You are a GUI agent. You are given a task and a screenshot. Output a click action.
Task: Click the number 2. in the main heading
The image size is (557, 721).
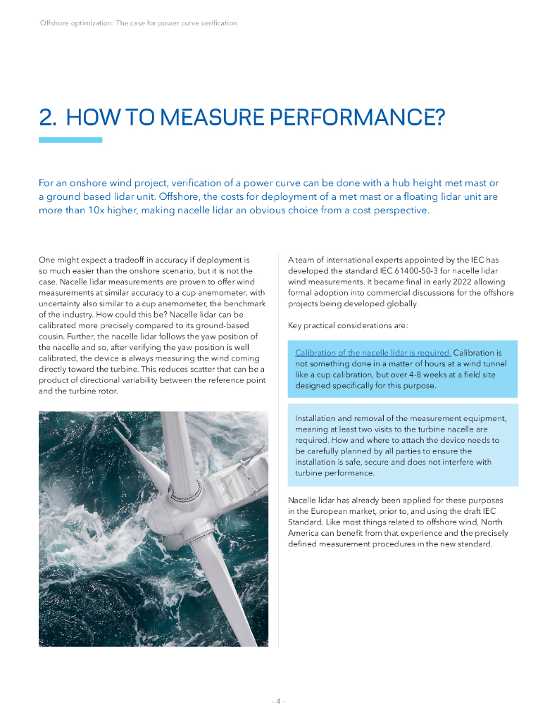[x=48, y=117]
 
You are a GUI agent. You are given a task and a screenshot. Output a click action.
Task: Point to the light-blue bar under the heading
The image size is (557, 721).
[x=70, y=140]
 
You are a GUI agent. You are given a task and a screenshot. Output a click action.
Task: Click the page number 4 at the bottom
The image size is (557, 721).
[x=278, y=701]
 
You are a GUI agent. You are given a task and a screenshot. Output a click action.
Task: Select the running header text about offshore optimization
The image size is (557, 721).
[x=138, y=23]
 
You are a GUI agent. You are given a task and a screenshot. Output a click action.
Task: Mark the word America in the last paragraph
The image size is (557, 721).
[x=303, y=533]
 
